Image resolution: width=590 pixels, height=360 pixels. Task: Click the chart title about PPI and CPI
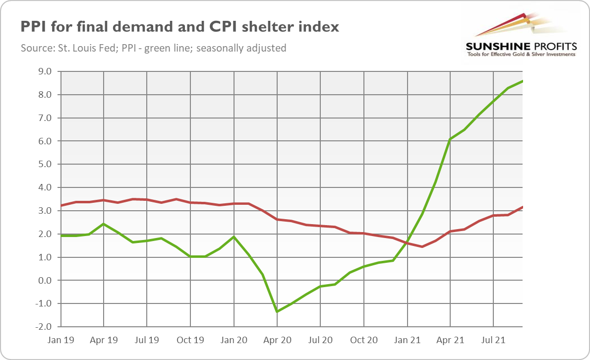(x=179, y=27)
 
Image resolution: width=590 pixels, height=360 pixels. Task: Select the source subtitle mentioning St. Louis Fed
(x=153, y=49)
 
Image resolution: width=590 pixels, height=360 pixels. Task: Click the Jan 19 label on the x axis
(x=60, y=341)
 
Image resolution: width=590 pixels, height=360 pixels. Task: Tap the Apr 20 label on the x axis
(x=277, y=341)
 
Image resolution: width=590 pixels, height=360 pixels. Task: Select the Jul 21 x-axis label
(x=494, y=341)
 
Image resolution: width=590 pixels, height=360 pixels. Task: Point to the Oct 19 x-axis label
(x=190, y=341)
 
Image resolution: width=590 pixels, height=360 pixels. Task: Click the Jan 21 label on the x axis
(x=407, y=341)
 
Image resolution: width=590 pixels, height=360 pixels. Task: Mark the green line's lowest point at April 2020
(x=277, y=312)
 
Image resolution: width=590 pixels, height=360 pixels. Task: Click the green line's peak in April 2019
(x=104, y=224)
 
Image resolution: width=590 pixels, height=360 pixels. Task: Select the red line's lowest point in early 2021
(x=421, y=246)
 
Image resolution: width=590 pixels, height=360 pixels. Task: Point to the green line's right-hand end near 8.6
(x=523, y=81)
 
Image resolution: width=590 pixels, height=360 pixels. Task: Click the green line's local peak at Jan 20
(x=234, y=237)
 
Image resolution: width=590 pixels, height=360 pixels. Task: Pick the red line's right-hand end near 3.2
(x=523, y=207)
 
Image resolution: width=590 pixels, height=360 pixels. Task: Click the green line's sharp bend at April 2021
(x=450, y=139)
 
